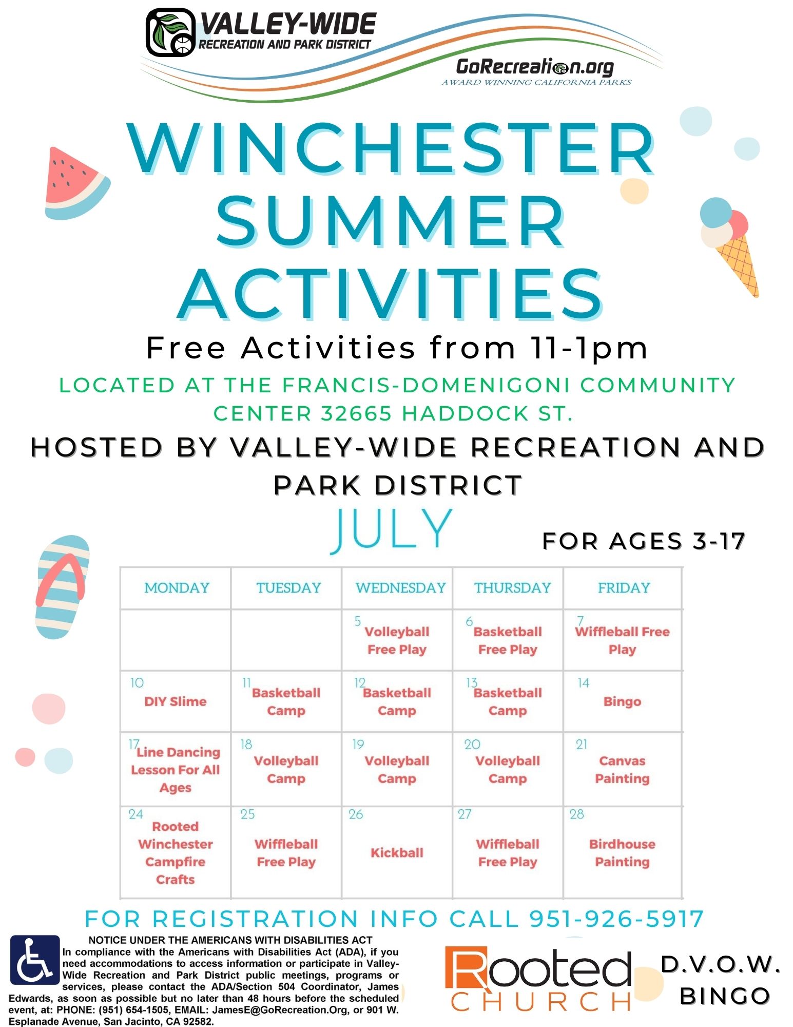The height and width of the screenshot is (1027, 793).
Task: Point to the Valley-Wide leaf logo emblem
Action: pos(171,32)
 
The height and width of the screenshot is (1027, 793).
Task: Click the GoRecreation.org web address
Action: pos(535,67)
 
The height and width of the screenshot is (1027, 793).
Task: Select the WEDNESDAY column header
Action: pos(400,587)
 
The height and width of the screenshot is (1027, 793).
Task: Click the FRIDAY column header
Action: pos(624,587)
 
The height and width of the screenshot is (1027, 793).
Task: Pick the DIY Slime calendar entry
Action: pos(176,701)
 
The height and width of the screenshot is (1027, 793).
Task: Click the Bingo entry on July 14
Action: pos(622,701)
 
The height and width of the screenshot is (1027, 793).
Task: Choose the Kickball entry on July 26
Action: pos(397,852)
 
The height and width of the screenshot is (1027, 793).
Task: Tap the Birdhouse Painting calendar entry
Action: pos(622,853)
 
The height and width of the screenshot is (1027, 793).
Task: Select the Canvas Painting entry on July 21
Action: pos(622,770)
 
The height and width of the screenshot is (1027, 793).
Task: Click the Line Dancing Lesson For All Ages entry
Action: pos(176,770)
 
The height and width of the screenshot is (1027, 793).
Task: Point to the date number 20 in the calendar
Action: pos(472,745)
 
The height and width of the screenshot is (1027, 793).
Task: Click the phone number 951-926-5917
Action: pos(616,919)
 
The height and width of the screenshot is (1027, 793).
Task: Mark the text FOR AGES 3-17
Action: pos(644,541)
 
